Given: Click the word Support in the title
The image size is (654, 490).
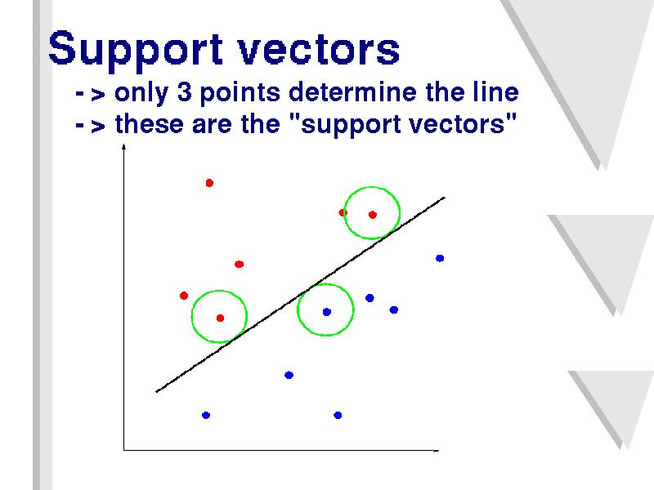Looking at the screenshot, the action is point(136,50).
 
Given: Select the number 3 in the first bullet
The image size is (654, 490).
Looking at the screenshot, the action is point(185,91).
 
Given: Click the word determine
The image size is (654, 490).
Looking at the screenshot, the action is point(352,91).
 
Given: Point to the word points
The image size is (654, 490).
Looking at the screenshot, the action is point(240,93).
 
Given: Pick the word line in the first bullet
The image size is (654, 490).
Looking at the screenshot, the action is point(496,91).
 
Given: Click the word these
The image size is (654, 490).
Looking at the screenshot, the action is point(150,124).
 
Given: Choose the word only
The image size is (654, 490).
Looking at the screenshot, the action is point(141,93).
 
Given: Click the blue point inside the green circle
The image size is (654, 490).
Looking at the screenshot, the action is point(326,312).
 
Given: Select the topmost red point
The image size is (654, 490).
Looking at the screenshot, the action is point(209,183).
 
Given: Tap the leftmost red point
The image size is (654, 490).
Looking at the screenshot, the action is point(183,296).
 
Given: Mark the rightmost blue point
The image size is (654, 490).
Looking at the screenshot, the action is point(440,258).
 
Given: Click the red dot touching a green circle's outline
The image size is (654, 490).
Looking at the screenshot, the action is point(343,212).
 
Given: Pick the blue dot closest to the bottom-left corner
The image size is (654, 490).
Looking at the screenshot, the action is point(206,415).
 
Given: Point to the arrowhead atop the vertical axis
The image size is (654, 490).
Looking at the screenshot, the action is point(123,147).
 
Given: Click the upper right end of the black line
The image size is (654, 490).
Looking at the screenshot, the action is point(445,198).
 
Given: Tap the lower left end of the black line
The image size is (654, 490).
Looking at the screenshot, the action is point(156,392).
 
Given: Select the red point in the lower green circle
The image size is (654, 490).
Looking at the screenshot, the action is point(220,318).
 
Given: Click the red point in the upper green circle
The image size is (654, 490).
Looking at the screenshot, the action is point(373,215).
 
